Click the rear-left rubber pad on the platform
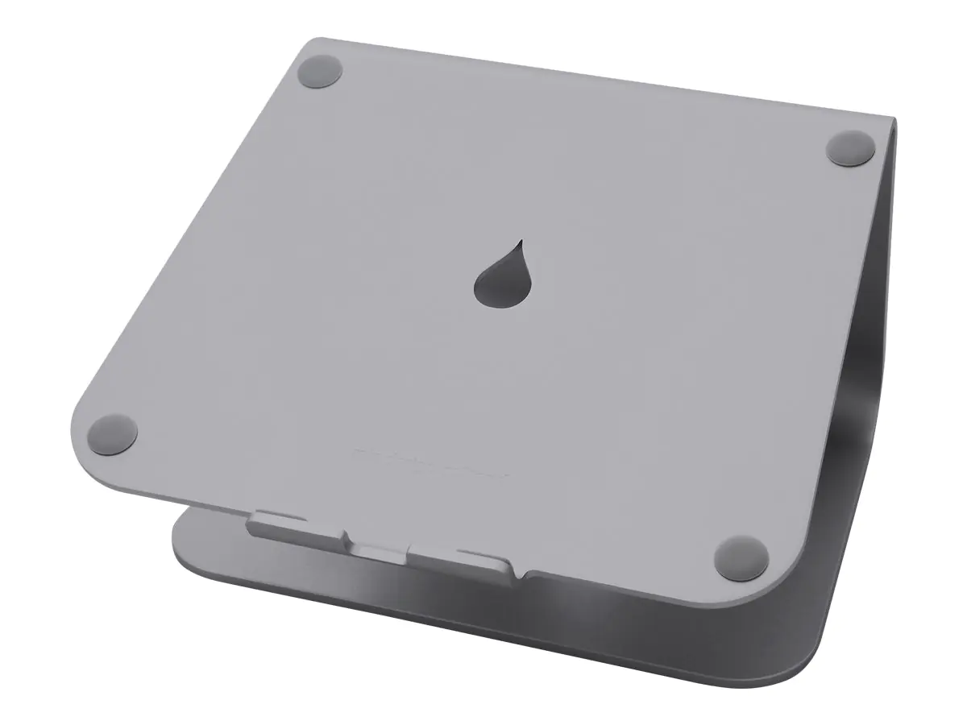(x=320, y=72)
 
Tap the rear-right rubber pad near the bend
(x=851, y=149)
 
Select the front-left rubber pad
(x=113, y=433)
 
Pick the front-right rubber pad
(x=741, y=555)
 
